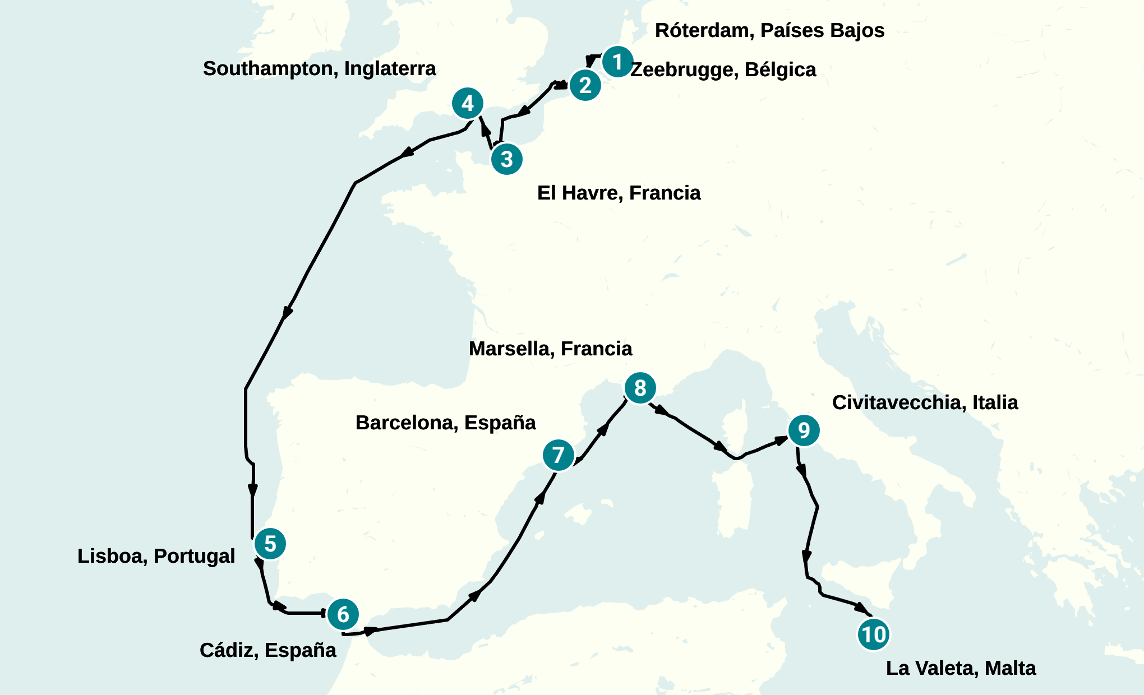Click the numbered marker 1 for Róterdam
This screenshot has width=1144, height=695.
pyautogui.click(x=617, y=62)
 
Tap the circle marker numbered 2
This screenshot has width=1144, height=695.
pyautogui.click(x=585, y=85)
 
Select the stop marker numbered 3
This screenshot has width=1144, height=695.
pyautogui.click(x=507, y=159)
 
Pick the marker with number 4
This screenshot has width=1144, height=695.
pyautogui.click(x=468, y=103)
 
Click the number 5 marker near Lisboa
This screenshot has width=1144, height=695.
pyautogui.click(x=270, y=544)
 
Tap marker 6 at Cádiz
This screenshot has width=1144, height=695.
pyautogui.click(x=343, y=614)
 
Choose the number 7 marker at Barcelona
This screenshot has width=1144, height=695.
pyautogui.click(x=559, y=455)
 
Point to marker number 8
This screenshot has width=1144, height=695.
pyautogui.click(x=640, y=388)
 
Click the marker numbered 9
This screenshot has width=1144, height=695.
pyautogui.click(x=804, y=430)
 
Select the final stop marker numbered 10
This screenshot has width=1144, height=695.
pyautogui.click(x=873, y=634)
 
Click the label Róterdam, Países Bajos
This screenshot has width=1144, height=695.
pyautogui.click(x=769, y=30)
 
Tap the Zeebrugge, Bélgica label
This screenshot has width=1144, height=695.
pyautogui.click(x=723, y=69)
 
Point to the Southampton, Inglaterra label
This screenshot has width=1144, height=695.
pyautogui.click(x=319, y=68)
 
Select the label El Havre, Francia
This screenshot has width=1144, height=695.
pyautogui.click(x=619, y=193)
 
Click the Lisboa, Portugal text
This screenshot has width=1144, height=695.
pyautogui.click(x=156, y=556)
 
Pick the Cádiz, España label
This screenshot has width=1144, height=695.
pyautogui.click(x=267, y=650)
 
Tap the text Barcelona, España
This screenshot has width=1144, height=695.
pyautogui.click(x=445, y=423)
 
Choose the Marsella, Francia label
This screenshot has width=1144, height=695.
pyautogui.click(x=550, y=349)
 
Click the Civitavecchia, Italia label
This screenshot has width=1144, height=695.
pyautogui.click(x=925, y=402)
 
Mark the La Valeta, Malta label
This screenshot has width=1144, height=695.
pyautogui.click(x=961, y=668)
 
